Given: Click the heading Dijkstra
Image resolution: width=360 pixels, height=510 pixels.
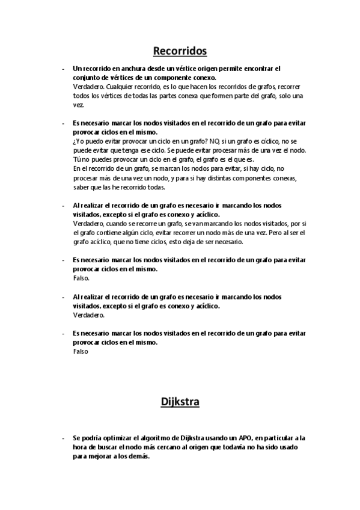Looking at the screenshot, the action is coord(180,401).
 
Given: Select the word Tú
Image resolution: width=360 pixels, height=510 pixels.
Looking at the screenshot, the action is coord(76,159).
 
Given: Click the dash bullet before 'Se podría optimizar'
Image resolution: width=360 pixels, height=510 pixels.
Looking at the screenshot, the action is coord(64,438).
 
